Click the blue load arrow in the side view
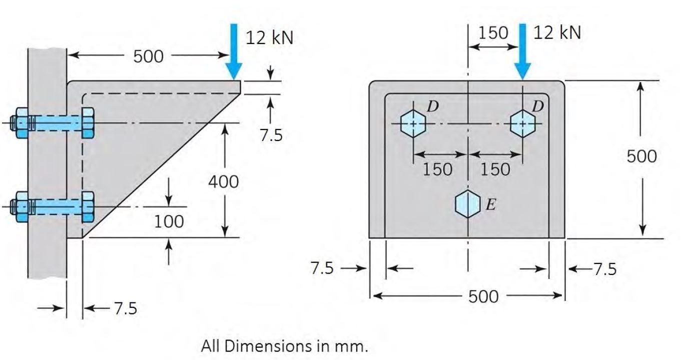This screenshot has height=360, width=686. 234,51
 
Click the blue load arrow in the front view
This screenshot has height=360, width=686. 522,51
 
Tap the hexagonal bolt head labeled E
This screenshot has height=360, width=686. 468,204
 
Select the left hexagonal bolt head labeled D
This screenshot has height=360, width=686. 413,123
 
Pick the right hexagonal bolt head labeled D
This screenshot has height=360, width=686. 522,123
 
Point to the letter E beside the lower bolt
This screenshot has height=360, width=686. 491,204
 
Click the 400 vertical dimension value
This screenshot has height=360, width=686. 224,182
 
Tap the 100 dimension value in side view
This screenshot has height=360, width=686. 169,221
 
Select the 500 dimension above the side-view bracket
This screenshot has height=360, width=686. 148,56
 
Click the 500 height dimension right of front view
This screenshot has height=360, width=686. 642,156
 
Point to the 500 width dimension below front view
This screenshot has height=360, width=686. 483,296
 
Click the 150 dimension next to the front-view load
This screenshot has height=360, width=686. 493,33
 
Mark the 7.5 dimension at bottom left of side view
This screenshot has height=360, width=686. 126,308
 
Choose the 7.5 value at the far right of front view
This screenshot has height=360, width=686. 605,269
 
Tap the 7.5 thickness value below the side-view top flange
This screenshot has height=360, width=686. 271,135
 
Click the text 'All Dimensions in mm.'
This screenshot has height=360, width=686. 285,346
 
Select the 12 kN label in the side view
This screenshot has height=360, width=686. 270,38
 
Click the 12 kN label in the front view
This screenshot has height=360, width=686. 557,32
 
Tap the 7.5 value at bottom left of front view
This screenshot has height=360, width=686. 322,268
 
